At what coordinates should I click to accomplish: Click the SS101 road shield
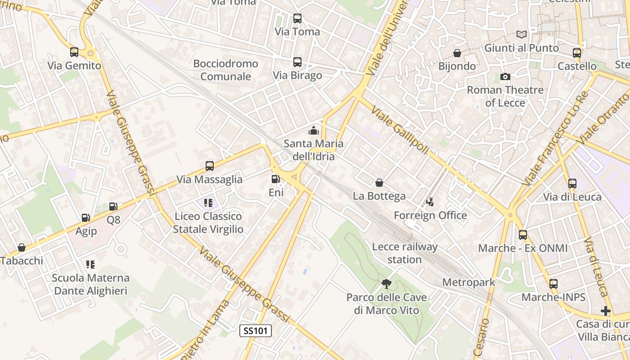tap(256, 331)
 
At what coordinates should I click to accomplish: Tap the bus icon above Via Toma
tap(297, 18)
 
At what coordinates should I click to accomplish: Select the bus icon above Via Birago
tap(297, 62)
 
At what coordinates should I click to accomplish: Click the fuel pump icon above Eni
tap(275, 179)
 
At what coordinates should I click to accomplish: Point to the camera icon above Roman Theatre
tap(505, 76)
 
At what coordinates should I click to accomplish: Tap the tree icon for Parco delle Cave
tap(386, 283)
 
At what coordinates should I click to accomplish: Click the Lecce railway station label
tap(405, 253)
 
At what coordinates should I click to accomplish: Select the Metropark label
tap(468, 282)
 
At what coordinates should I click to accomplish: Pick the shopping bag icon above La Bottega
tap(379, 183)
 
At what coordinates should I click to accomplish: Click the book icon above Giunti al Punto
tap(521, 35)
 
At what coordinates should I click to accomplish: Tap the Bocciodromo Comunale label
tap(225, 70)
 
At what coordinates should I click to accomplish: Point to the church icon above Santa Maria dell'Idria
tap(313, 131)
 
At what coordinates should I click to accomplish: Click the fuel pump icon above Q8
tap(113, 207)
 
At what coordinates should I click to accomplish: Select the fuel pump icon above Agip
tap(85, 218)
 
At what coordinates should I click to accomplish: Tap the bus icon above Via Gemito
tap(74, 52)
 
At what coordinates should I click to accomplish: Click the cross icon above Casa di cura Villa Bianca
tap(606, 311)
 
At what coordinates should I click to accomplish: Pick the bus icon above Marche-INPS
tap(553, 284)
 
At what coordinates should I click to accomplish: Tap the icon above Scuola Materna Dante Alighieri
tap(90, 264)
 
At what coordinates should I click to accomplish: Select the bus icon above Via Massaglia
tap(209, 166)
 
